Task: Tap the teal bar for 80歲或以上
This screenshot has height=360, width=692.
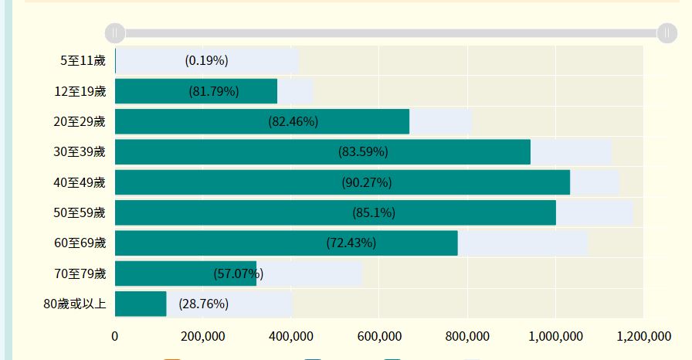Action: coord(141,304)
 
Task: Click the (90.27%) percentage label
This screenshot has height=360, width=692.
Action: coord(367,182)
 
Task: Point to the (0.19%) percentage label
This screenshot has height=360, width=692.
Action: coord(206,60)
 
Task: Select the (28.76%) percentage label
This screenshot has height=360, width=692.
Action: coord(203,304)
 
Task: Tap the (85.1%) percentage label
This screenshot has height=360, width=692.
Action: coord(374,212)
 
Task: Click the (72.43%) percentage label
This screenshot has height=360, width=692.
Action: coord(351,243)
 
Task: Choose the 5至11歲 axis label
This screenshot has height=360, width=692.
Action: coord(83,60)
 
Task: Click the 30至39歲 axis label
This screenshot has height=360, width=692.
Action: coord(80,151)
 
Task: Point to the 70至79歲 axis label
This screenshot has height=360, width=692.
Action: coord(80,273)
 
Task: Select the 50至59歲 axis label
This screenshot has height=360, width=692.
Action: coord(80,212)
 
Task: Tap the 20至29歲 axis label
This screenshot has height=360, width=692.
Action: coord(80,121)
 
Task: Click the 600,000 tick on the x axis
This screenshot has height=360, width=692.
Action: coord(467,336)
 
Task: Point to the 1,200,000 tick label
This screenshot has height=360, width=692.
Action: coord(643,336)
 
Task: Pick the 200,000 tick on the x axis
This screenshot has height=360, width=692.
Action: coord(202,336)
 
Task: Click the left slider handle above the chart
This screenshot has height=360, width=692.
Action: coord(114,32)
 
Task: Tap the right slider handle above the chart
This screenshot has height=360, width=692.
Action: coord(667,32)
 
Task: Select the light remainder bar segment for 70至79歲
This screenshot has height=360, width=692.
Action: coord(309,273)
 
